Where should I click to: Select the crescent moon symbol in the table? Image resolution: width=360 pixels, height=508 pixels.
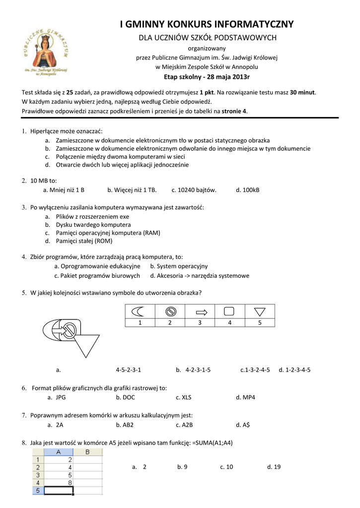click(x=139, y=312)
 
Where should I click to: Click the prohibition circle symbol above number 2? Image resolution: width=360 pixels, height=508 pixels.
click(x=169, y=312)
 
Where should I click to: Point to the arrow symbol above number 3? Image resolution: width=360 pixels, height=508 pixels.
click(x=200, y=312)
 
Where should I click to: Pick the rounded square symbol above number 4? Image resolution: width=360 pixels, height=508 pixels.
click(x=229, y=312)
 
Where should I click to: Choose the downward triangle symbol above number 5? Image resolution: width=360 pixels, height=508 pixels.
click(x=259, y=312)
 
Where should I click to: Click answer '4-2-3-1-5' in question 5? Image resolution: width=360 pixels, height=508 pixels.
click(x=198, y=370)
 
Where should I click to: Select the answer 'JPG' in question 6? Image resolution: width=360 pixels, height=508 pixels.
click(x=61, y=397)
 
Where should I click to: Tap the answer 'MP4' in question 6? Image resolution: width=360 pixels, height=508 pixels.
click(x=248, y=397)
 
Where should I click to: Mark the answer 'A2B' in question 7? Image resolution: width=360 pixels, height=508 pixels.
click(x=187, y=425)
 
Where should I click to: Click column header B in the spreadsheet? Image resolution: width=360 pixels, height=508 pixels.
click(x=87, y=452)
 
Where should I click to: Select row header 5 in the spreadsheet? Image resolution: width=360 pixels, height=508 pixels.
click(x=38, y=490)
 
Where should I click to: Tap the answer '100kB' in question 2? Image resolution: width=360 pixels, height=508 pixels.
click(x=251, y=190)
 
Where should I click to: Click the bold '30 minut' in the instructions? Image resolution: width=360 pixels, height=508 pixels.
click(x=303, y=92)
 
